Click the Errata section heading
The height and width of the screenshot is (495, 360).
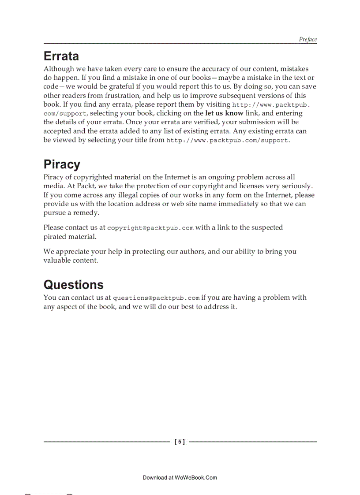[x=61, y=56]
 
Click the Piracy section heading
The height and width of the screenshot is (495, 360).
[x=62, y=165]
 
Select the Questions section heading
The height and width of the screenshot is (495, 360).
[x=74, y=285]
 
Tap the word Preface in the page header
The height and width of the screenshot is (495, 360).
[x=307, y=39]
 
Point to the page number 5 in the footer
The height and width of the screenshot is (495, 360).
[x=180, y=442]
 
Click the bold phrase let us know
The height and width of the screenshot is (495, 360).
[x=224, y=113]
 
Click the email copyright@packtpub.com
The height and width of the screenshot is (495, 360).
[x=150, y=228]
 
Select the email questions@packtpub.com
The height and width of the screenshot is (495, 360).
[x=157, y=298]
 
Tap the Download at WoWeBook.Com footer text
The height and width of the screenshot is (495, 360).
[x=180, y=477]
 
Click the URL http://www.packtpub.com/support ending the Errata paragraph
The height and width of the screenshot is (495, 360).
[x=227, y=140]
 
